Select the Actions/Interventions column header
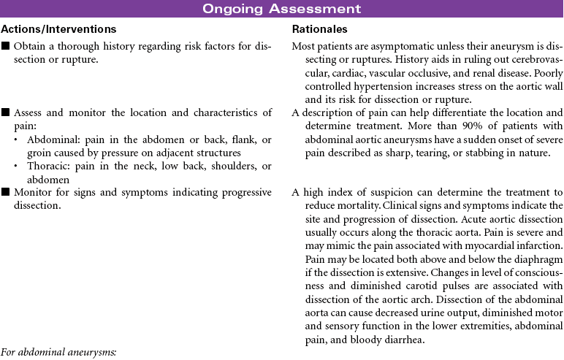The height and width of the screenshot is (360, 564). tap(58, 29)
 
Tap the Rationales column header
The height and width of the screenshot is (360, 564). tap(319, 29)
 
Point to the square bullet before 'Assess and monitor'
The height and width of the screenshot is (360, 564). tap(6, 113)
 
